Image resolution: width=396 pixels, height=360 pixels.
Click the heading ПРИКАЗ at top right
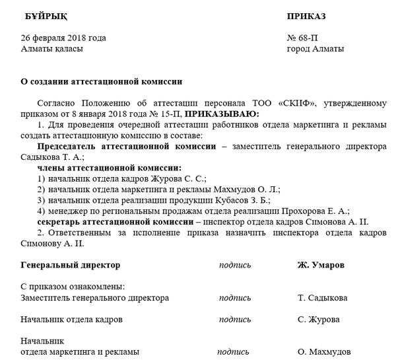308,16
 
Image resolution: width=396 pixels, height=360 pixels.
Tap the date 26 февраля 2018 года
63,38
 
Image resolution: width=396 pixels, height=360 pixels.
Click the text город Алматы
315,49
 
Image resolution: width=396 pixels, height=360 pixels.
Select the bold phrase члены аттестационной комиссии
110,168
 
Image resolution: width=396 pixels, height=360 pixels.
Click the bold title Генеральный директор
71,265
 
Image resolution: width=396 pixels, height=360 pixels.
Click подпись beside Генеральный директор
236,265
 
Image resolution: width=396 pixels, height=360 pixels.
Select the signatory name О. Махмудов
326,351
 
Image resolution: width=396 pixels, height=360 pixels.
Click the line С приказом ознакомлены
73,287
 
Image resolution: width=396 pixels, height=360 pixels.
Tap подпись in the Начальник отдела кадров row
236,319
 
